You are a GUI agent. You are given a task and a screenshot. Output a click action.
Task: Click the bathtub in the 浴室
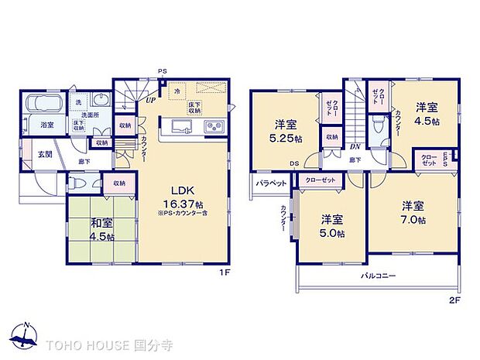(x=46, y=104)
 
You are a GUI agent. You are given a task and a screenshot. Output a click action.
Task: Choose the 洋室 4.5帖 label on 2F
(x=426, y=115)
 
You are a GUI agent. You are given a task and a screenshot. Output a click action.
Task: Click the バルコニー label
(x=377, y=276)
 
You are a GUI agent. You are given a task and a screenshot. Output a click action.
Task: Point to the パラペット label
(x=273, y=183)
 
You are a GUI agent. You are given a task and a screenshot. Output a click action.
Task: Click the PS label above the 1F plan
(x=163, y=71)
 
